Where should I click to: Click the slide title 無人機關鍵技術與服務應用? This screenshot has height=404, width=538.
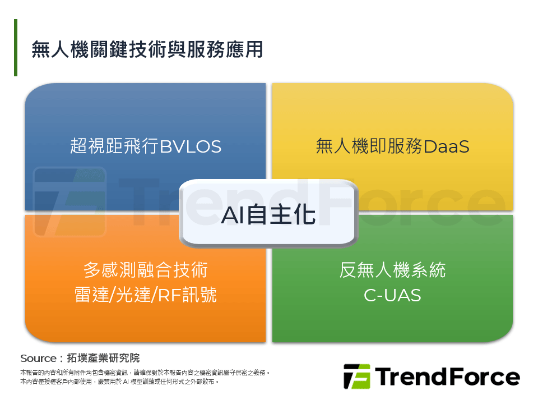147,49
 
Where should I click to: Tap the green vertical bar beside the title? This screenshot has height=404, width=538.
16,48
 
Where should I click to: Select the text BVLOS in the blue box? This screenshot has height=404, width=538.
191,147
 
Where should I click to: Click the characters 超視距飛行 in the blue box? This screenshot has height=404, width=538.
115,147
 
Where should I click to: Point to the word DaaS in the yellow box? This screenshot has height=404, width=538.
447,147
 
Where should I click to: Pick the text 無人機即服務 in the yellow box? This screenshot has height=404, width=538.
370,147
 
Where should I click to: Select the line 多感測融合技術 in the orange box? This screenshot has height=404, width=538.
146,270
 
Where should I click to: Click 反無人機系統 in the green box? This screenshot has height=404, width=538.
392,270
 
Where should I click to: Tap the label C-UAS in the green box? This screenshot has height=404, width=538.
392,295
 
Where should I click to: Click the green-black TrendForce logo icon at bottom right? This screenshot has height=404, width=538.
356,377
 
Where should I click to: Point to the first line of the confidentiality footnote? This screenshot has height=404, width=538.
145,373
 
